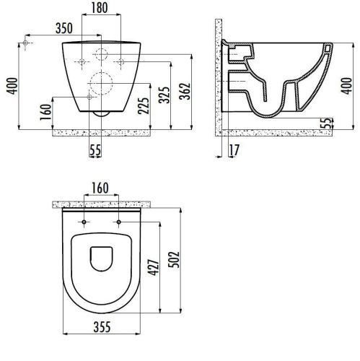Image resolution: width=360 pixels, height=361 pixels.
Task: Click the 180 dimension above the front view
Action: pos(100,8)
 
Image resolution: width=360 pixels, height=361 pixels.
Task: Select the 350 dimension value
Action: pos(64,28)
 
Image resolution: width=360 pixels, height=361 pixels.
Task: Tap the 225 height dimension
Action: pos(144,105)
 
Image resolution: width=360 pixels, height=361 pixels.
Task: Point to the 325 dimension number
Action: pos(164,95)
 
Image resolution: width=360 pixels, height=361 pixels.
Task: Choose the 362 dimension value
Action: pos(185,91)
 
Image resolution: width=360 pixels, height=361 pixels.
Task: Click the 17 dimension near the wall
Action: pos(234,150)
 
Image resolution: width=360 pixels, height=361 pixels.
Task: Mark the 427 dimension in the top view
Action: pos(154,267)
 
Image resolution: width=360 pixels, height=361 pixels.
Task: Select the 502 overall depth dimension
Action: pos(174,259)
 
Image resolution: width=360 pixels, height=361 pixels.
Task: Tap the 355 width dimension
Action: pos(102,327)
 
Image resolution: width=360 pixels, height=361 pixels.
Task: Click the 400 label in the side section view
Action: pos(346,86)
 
